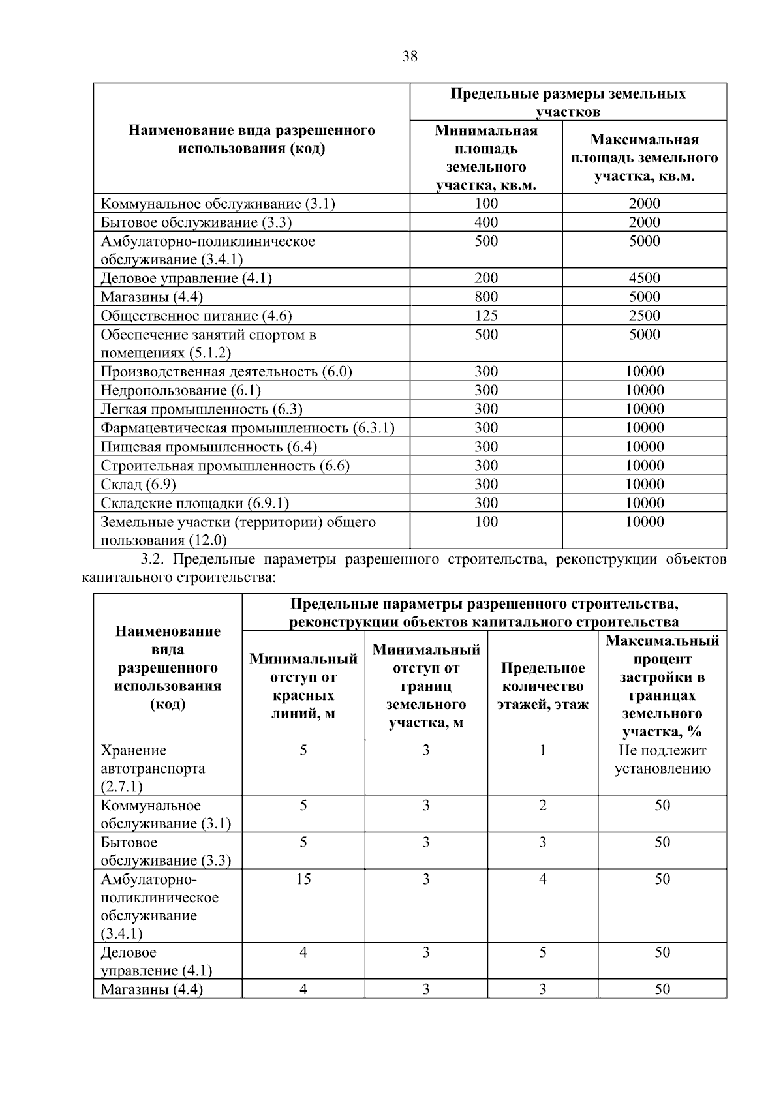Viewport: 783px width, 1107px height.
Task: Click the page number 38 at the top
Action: coord(410,56)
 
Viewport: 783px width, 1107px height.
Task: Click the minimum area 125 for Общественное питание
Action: coord(486,316)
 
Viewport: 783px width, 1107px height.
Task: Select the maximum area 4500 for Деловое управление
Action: coord(644,279)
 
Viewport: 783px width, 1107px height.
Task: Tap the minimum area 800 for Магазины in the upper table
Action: coord(486,297)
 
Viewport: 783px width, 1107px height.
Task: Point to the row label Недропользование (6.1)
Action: coord(181,391)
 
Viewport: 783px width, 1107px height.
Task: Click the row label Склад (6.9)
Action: coord(138,485)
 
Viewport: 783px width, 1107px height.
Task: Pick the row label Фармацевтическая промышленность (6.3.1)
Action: coord(248,429)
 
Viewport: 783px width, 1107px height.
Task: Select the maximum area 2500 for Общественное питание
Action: coord(644,316)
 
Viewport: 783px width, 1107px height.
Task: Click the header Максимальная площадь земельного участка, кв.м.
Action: coord(644,158)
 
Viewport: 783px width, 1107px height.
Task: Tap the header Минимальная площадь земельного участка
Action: coord(486,158)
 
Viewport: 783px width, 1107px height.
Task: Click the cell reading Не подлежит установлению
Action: coord(662,759)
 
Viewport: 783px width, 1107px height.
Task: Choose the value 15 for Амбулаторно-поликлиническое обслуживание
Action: coord(303,879)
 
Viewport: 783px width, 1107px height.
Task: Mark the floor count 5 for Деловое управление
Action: coord(542,953)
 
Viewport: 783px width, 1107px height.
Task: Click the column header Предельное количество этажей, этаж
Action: coord(542,686)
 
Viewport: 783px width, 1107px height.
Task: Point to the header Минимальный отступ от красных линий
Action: coord(303,686)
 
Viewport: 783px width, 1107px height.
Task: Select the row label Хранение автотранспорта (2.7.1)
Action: coord(153,768)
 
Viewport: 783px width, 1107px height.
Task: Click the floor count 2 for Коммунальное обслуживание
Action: coord(542,806)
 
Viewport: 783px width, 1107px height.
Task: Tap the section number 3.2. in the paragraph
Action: coord(155,560)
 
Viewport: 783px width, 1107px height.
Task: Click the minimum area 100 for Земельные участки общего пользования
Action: coord(486,522)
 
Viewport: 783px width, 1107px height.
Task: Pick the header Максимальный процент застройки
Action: coord(662,686)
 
